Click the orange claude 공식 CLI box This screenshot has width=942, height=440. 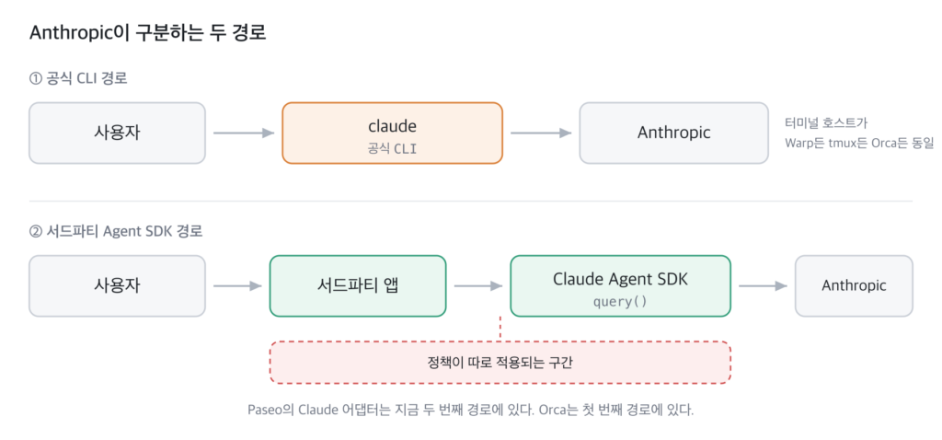pyautogui.click(x=392, y=133)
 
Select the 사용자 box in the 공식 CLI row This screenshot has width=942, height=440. pyautogui.click(x=117, y=133)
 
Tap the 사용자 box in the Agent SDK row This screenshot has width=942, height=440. pyautogui.click(x=117, y=286)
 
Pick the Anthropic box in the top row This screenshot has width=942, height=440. pyautogui.click(x=673, y=133)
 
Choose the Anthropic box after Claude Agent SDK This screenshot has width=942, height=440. pyautogui.click(x=854, y=286)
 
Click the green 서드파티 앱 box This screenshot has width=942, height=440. pyautogui.click(x=358, y=286)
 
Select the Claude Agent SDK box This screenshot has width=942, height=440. pyautogui.click(x=621, y=286)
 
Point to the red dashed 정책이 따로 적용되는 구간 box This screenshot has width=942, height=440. pyautogui.click(x=500, y=363)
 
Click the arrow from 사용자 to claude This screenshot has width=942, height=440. pyautogui.click(x=244, y=133)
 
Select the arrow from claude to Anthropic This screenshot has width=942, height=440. pyautogui.click(x=541, y=133)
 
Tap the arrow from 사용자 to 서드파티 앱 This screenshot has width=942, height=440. pyautogui.click(x=238, y=286)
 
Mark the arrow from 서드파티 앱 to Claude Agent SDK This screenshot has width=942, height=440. pyautogui.click(x=478, y=286)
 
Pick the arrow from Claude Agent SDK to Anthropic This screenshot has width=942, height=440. pyautogui.click(x=763, y=286)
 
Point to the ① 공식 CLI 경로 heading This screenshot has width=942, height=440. pyautogui.click(x=78, y=78)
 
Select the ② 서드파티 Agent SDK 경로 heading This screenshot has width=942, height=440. pyautogui.click(x=116, y=231)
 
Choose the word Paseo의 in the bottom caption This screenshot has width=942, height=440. pyautogui.click(x=265, y=411)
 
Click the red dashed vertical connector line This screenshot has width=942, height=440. pyautogui.click(x=500, y=330)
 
